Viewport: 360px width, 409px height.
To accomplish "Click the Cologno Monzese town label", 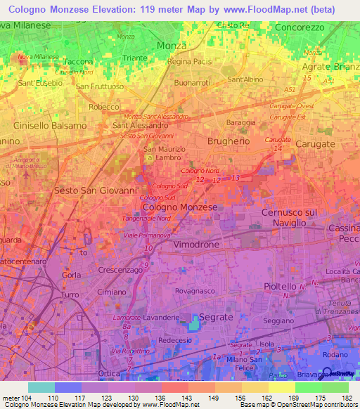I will pyautogui.click(x=179, y=207).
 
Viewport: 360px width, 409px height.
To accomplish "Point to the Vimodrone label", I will pyautogui.click(x=196, y=244).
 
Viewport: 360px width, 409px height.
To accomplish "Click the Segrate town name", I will pyautogui.click(x=214, y=317).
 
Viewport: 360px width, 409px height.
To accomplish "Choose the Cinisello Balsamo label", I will pyautogui.click(x=50, y=125).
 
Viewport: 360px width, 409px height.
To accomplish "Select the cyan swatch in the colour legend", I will pyautogui.click(x=41, y=387).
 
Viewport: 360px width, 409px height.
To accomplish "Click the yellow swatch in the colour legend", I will pyautogui.click(x=281, y=387).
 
